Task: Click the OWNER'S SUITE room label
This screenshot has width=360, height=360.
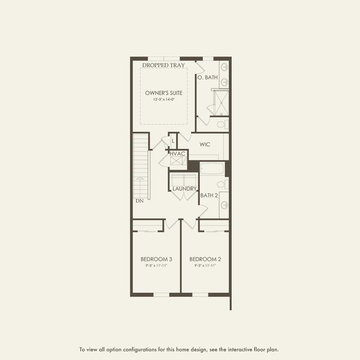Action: (163, 93)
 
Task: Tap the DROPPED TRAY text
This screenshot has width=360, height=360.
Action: (163, 65)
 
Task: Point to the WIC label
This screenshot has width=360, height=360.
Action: (205, 144)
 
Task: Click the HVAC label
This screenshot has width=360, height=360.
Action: (177, 153)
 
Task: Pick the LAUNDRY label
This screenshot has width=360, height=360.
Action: (184, 188)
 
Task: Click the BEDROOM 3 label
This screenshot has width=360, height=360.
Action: (156, 259)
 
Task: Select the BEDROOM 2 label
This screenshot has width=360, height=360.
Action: (205, 259)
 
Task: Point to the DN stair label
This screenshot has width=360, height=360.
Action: (139, 200)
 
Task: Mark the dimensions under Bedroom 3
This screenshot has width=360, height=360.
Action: (156, 265)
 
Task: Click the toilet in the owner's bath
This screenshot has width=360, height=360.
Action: (223, 123)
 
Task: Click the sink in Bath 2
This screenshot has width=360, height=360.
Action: (223, 205)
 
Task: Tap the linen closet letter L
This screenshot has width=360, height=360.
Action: (173, 141)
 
